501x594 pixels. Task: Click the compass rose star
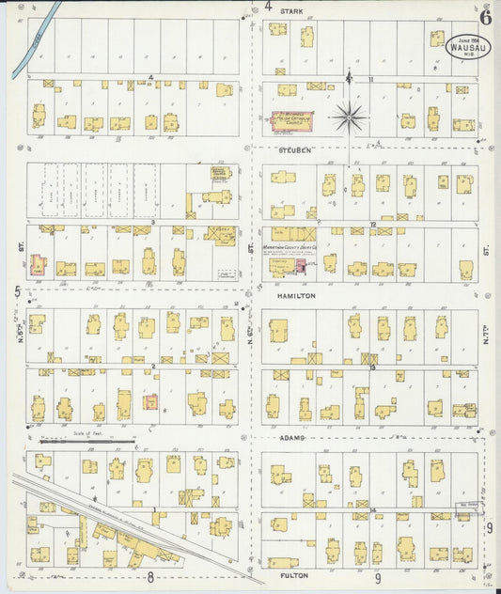349,117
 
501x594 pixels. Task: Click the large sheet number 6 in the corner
485,15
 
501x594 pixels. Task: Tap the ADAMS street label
292,438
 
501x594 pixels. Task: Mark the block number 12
373,224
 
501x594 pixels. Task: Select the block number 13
373,367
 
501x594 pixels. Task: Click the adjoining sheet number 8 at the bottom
149,577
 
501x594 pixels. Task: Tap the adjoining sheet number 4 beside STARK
268,7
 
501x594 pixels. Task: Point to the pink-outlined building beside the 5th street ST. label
39,264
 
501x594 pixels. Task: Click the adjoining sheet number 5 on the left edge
17,291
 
